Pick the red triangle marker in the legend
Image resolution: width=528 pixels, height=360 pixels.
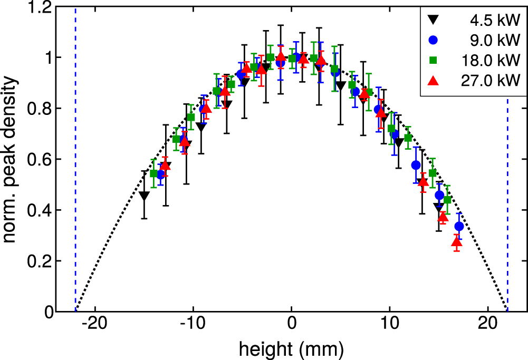(433, 80)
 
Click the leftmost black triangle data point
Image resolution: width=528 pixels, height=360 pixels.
(144, 196)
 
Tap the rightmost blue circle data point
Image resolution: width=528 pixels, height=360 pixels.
(459, 226)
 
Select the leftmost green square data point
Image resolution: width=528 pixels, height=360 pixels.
(154, 173)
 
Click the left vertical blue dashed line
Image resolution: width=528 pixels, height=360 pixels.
(75, 158)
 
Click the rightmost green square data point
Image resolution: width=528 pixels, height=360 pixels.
(447, 200)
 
